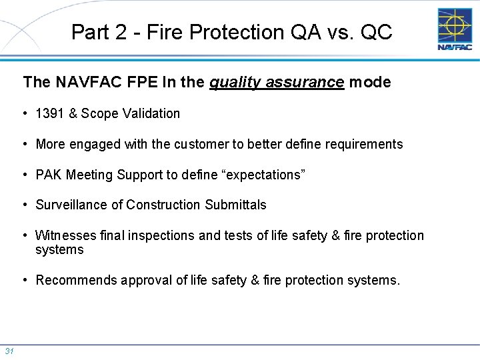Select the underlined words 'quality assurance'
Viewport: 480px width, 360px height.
[277, 83]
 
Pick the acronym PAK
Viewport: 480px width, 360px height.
[48, 175]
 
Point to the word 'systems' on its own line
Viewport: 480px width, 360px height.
[59, 250]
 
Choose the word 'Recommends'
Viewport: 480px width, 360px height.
[76, 280]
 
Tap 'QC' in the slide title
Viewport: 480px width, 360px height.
[376, 32]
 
